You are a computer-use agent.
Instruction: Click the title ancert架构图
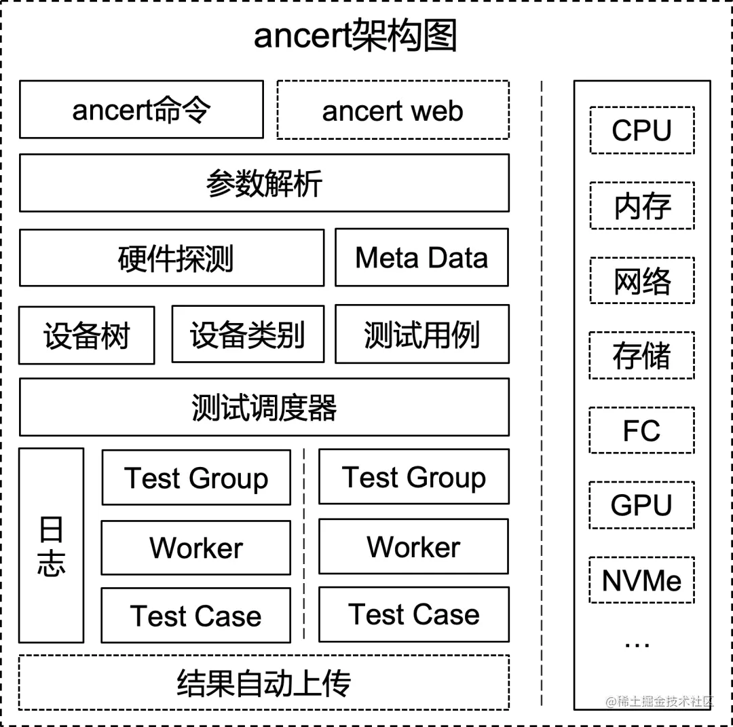point(355,36)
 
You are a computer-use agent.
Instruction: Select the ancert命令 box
point(141,109)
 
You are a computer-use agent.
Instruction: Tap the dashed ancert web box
point(393,110)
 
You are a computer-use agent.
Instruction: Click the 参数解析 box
point(264,183)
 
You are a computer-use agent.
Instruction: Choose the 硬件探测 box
point(172,258)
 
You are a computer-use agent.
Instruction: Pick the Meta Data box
point(421,258)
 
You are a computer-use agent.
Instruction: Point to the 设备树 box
point(86,335)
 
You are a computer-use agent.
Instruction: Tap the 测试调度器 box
point(264,407)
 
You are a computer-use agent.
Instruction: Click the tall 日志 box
point(51,545)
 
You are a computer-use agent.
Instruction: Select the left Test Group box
point(196,477)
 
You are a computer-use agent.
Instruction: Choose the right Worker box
point(413,546)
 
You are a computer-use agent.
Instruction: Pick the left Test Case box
point(196,615)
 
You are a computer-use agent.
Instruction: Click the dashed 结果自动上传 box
point(264,682)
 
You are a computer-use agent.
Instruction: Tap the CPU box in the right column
point(641,130)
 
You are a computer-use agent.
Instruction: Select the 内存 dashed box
point(641,206)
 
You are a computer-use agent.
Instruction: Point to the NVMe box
point(641,580)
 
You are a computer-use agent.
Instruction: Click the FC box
point(641,430)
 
